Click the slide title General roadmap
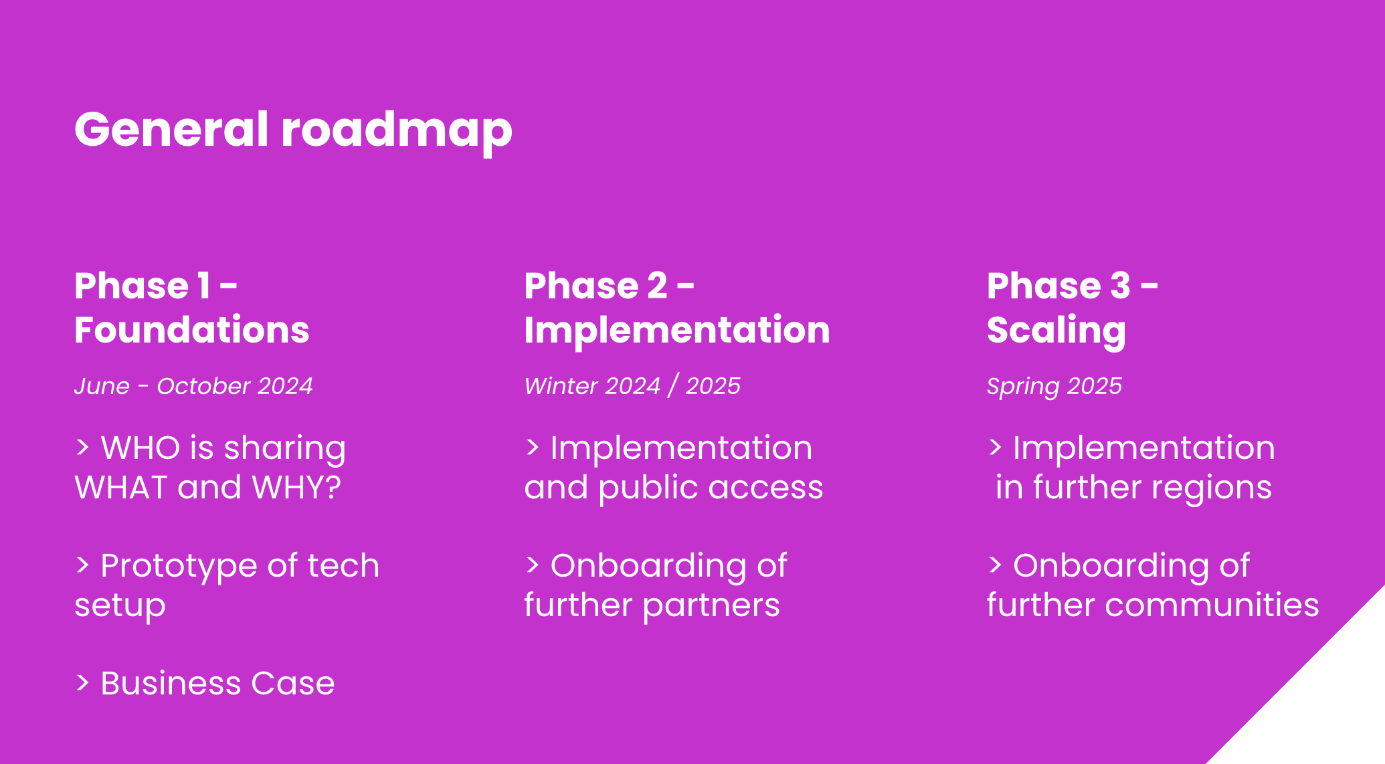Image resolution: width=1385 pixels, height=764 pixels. [x=293, y=130]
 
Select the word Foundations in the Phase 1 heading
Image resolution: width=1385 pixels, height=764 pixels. [x=192, y=330]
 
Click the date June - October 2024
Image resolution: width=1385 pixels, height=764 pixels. [x=193, y=386]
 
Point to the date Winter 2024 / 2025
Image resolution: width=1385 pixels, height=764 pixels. [x=632, y=386]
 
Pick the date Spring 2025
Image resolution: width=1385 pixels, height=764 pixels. [x=1054, y=387]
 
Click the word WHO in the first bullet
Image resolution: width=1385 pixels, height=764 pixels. [x=141, y=448]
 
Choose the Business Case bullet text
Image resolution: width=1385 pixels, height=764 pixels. [x=217, y=683]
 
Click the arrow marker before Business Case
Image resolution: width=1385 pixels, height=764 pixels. [x=82, y=682]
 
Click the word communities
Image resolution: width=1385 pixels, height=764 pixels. [x=1212, y=605]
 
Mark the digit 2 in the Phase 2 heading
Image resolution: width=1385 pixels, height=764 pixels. [x=657, y=286]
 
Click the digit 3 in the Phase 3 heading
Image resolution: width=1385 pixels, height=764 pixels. [x=1120, y=286]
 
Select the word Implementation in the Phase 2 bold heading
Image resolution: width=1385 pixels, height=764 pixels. [x=677, y=331]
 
